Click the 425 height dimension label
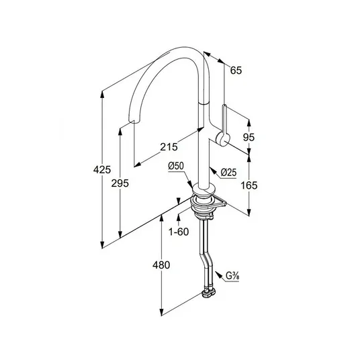[x=102, y=170]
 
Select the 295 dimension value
[x=120, y=183]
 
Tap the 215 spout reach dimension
[x=169, y=146]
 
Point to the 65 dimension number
[x=236, y=71]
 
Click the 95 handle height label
[x=249, y=137]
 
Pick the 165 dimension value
[x=249, y=185]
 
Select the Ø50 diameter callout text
[x=176, y=166]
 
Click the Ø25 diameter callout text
[x=228, y=172]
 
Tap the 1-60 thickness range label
[x=179, y=232]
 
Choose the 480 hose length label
[x=161, y=265]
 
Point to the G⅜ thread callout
[x=232, y=276]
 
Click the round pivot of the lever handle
[x=222, y=139]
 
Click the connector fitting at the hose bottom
[x=209, y=294]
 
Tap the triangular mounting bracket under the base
[x=219, y=203]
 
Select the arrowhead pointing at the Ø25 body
[x=213, y=169]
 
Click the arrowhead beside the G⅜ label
[x=218, y=274]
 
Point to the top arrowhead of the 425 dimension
[x=102, y=94]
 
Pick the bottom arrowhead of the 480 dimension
[x=161, y=312]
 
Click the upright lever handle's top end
[x=224, y=106]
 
